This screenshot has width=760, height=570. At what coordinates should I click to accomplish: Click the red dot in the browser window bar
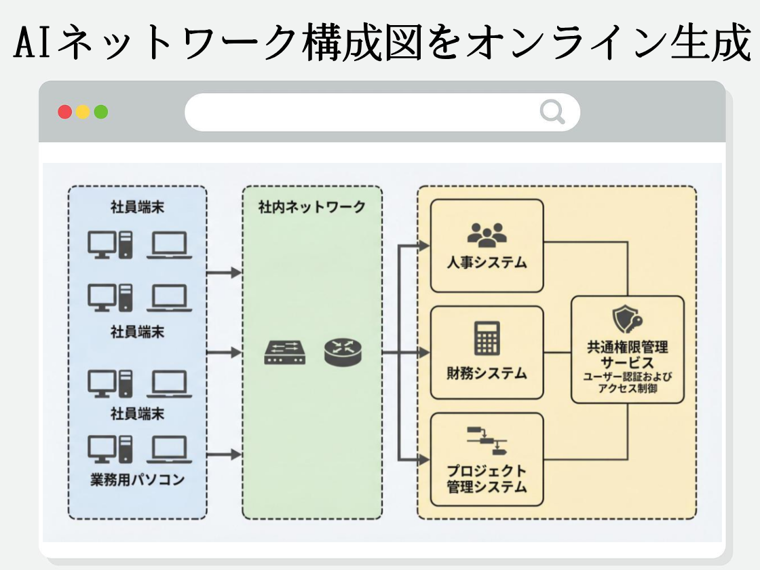tap(65, 112)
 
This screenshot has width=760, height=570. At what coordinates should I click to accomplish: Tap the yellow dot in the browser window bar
tap(83, 112)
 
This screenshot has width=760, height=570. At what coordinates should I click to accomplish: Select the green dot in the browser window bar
tap(100, 112)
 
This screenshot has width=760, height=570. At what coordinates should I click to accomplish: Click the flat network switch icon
tap(285, 353)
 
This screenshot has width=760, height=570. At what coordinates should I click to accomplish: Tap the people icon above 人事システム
tap(487, 233)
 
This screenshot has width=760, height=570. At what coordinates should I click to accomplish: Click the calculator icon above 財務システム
tap(487, 338)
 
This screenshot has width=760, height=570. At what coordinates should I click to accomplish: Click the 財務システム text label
tap(487, 373)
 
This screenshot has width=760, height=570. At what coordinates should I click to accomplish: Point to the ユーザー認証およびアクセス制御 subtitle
tap(628, 383)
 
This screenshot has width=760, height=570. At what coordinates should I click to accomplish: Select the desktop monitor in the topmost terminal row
tap(102, 244)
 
